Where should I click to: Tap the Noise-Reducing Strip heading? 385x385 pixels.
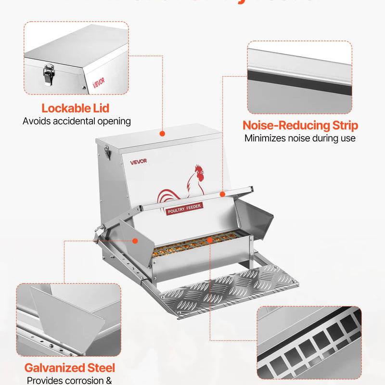click(300, 126)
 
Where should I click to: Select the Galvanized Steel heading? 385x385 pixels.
click(70, 368)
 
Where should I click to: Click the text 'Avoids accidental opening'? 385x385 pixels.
click(77, 121)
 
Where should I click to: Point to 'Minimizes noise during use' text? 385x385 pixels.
click(300, 139)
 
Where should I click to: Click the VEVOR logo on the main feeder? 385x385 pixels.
click(138, 161)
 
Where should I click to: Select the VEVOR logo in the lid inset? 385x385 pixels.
click(98, 84)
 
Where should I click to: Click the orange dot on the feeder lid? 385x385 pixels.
click(162, 133)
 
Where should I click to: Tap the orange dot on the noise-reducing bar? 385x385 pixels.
click(222, 193)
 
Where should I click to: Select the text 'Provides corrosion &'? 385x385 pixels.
click(70, 381)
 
